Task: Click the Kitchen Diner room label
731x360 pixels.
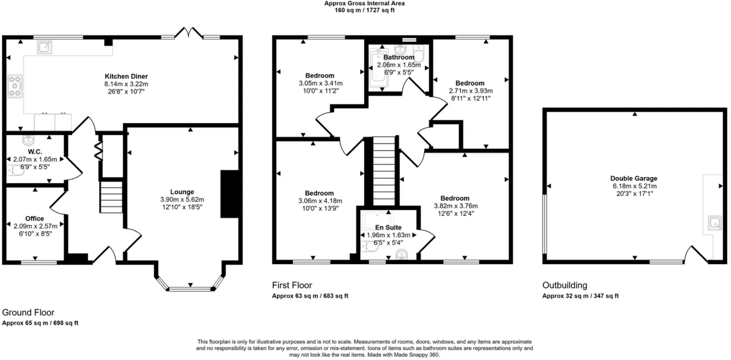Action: (x=126, y=76)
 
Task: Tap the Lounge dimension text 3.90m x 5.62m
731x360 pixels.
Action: (x=182, y=199)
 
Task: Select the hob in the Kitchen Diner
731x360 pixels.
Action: (x=15, y=86)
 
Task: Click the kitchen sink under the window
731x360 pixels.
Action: (x=45, y=47)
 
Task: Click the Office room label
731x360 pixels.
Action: (x=34, y=219)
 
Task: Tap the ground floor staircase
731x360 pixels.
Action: (x=111, y=196)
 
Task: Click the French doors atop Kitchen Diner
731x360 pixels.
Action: (x=189, y=33)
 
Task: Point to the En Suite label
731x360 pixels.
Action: (x=388, y=227)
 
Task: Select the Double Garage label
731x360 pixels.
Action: (x=634, y=178)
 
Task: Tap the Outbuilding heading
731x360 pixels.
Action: (x=565, y=285)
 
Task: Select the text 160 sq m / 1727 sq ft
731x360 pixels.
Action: (x=365, y=10)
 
